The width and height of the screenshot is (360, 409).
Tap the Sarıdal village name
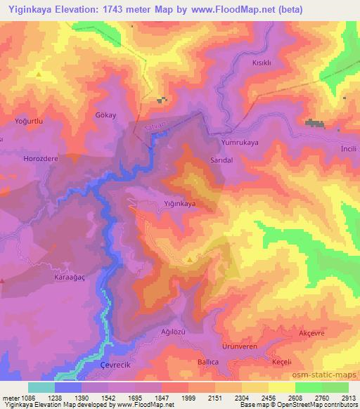pos(221,160)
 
